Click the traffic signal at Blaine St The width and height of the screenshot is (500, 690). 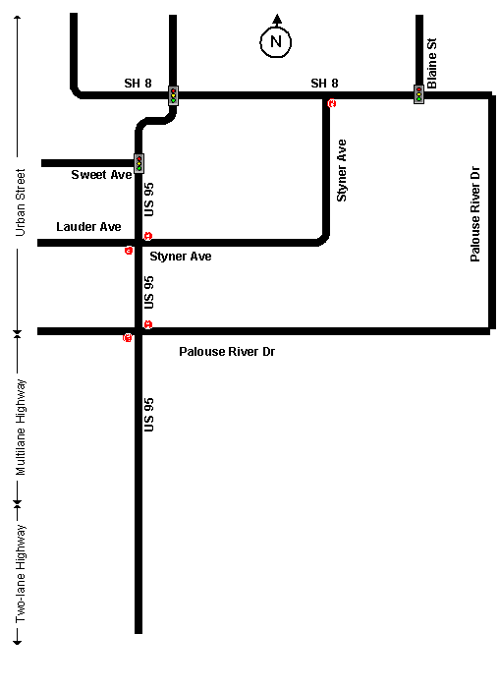tap(418, 94)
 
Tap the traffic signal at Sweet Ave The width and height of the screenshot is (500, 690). tap(139, 163)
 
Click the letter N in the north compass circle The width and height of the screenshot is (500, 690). tap(276, 42)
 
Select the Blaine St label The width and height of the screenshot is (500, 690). tap(432, 63)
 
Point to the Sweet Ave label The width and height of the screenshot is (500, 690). tap(101, 175)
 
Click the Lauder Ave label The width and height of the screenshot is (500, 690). tap(88, 227)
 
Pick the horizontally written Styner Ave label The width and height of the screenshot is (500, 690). tap(181, 257)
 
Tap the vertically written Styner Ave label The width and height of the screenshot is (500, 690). tap(341, 171)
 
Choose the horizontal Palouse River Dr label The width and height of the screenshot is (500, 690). tap(227, 352)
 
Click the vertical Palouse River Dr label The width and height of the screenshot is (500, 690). tap(474, 214)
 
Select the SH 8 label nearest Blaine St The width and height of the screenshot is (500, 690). tap(324, 84)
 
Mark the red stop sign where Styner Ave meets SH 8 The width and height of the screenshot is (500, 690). tap(332, 103)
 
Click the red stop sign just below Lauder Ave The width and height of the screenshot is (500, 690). tap(129, 251)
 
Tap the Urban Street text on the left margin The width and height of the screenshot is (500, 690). tap(21, 202)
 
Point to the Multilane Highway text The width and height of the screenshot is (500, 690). tap(21, 428)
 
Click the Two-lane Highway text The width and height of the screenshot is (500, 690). tap(21, 573)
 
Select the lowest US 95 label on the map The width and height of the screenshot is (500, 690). tap(149, 415)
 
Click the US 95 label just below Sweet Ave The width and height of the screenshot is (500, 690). tap(149, 200)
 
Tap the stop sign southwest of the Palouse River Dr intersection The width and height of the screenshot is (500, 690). tap(127, 338)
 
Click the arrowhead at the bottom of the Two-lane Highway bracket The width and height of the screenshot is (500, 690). tap(18, 642)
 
